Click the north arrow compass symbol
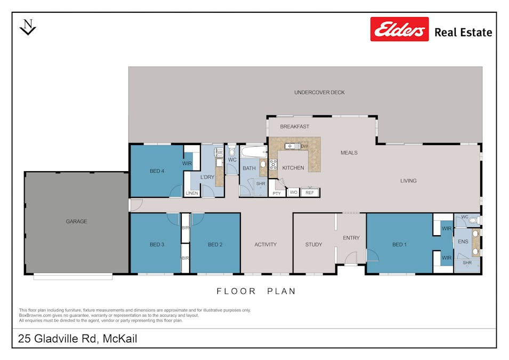[28, 27]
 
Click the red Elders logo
[399, 29]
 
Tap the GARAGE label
[76, 221]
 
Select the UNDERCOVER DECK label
[319, 92]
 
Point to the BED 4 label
[157, 171]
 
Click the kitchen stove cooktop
[273, 164]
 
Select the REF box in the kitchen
[310, 193]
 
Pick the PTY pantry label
[277, 193]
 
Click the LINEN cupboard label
[192, 193]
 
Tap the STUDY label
[313, 245]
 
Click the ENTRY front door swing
[351, 259]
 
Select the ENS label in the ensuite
[463, 242]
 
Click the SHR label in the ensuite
[467, 263]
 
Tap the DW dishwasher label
[304, 146]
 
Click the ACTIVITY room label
[265, 245]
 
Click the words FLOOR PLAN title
[256, 291]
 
